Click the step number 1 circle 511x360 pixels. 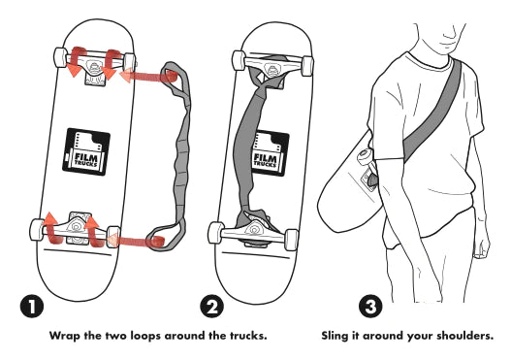pos(32,307)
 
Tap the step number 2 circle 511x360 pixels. pos(211,306)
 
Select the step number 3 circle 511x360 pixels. pos(370,306)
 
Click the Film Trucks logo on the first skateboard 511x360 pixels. pos(86,151)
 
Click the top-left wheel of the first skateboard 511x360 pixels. pos(60,57)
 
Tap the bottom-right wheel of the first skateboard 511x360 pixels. pos(113,237)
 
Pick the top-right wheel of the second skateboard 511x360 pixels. pos(307,66)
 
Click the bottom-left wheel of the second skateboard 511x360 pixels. pos(215,233)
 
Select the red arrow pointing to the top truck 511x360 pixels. pos(148,77)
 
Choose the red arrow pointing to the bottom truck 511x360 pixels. pos(136,241)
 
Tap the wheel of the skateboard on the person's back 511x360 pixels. pos(365,157)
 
